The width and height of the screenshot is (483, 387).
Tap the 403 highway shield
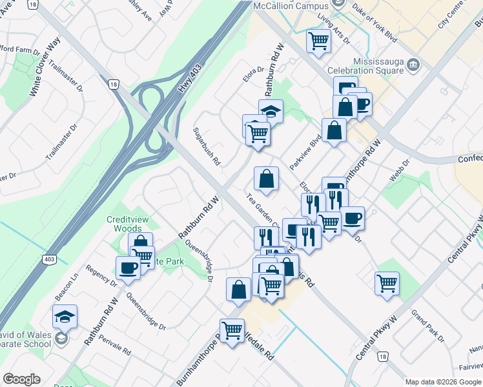tap(48, 259)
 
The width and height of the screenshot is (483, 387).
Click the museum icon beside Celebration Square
tap(415, 64)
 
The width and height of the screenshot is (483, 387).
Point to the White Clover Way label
tap(44, 67)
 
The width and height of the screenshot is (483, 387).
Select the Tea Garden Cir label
tap(262, 210)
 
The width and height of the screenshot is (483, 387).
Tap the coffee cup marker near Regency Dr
tap(128, 267)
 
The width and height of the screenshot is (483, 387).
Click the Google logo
tap(22, 379)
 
